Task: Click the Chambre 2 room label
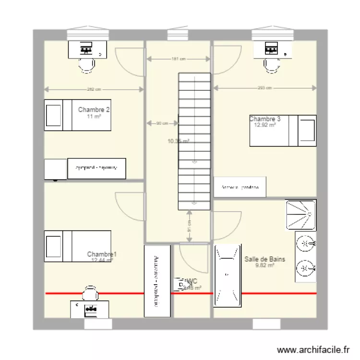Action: [x=94, y=110]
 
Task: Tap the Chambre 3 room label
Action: [x=265, y=119]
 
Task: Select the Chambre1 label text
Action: [x=102, y=254]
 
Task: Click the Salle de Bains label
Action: [x=264, y=259]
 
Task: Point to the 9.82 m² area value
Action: [x=264, y=265]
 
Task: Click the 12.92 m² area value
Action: [x=265, y=125]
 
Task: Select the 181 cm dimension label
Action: [x=178, y=59]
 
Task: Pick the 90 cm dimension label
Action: [x=162, y=124]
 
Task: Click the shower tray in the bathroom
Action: [x=301, y=215]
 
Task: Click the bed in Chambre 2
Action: [x=77, y=115]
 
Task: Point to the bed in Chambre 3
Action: [x=283, y=130]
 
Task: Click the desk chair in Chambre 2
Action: [x=86, y=64]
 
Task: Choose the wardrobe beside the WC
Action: [x=157, y=281]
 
